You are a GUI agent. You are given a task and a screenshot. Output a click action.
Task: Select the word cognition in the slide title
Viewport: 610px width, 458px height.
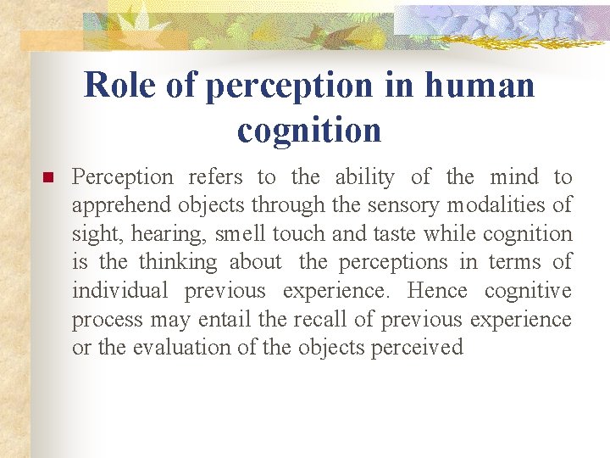tap(309, 131)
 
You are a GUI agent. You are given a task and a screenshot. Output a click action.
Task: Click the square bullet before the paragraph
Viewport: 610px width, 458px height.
tap(47, 178)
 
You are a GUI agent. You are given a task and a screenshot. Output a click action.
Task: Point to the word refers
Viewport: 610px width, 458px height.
tap(216, 177)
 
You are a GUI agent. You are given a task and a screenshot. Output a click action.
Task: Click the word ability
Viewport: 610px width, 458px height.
tap(364, 177)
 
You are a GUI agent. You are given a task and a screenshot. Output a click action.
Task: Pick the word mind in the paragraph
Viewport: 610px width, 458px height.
tap(515, 177)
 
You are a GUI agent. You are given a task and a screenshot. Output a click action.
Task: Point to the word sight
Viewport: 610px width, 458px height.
tap(96, 234)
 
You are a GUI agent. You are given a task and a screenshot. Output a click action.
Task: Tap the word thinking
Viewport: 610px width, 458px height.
tap(178, 263)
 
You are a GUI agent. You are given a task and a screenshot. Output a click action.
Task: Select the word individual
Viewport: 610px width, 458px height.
tap(120, 291)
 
